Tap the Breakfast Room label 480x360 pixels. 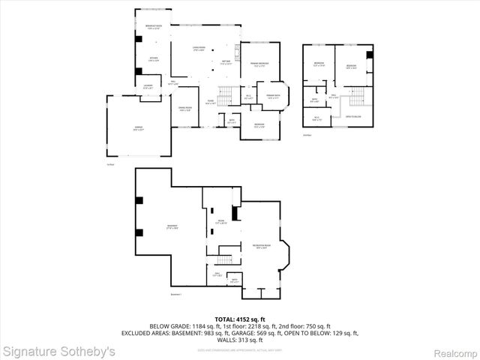pyautogui.click(x=154, y=28)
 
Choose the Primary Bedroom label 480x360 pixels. pyautogui.click(x=259, y=64)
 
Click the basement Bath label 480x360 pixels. pyautogui.click(x=235, y=280)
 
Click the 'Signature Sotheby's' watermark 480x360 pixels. pyautogui.click(x=58, y=351)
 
